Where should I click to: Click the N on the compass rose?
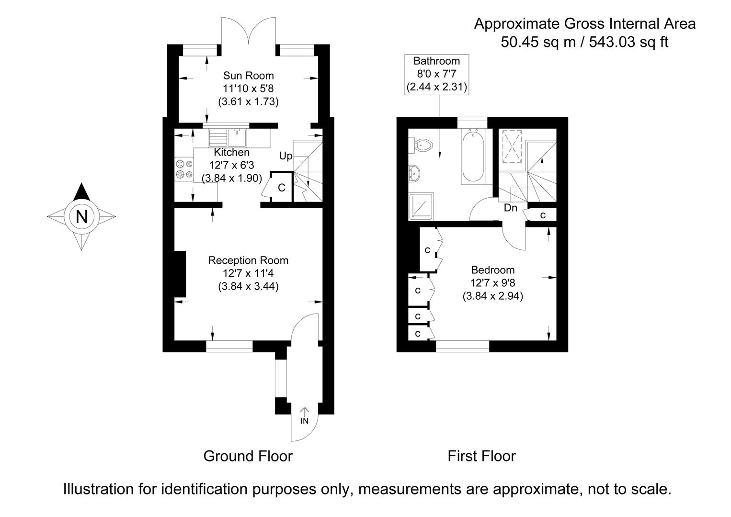click(82, 217)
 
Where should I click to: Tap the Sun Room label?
click(248, 76)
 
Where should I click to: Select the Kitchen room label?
click(231, 152)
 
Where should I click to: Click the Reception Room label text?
click(248, 260)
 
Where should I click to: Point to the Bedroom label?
click(492, 270)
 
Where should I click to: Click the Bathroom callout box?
click(436, 74)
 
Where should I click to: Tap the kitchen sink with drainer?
click(228, 138)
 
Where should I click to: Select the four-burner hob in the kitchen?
click(184, 169)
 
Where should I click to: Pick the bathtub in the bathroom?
click(472, 157)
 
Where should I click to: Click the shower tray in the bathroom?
click(421, 206)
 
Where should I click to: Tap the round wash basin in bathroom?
click(414, 173)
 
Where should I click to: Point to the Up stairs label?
click(286, 156)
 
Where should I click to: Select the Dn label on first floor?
click(510, 208)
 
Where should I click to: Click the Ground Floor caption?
click(248, 456)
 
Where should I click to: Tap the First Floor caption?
click(481, 456)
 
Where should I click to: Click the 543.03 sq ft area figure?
click(628, 42)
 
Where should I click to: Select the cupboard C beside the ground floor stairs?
click(281, 187)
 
